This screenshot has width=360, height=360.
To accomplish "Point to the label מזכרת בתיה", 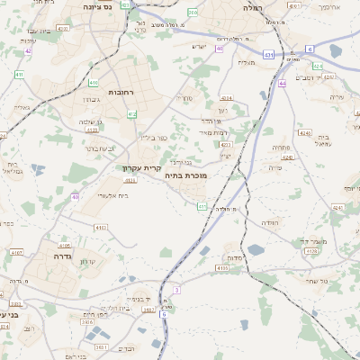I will click(x=185, y=176).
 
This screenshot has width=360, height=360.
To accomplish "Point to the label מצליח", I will click(x=247, y=62).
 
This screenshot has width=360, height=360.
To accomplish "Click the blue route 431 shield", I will click(x=269, y=55).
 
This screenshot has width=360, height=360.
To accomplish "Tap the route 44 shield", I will click(x=282, y=83).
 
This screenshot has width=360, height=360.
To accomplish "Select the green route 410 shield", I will click(x=94, y=83).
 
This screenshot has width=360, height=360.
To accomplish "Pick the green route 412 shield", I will click(x=132, y=114).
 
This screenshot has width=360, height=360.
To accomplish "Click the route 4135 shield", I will click(x=222, y=268).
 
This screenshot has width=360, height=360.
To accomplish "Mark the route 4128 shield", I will click(x=311, y=252).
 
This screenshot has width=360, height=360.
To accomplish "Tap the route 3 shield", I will click(x=177, y=290).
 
